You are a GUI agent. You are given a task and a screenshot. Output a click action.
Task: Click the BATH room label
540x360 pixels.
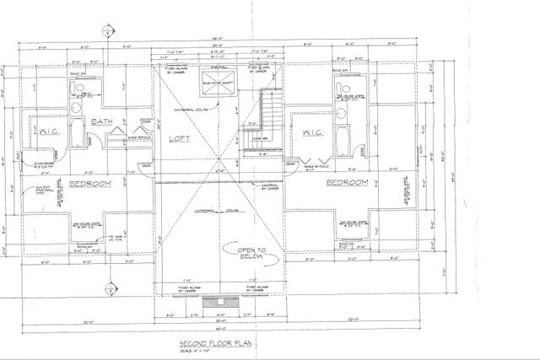click(102, 122)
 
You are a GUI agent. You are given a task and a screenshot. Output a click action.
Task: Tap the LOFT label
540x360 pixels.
click(179, 138)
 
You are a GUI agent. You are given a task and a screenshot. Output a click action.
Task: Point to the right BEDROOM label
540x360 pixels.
click(346, 182)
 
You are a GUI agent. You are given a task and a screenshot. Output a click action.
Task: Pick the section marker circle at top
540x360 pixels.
click(106, 31)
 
